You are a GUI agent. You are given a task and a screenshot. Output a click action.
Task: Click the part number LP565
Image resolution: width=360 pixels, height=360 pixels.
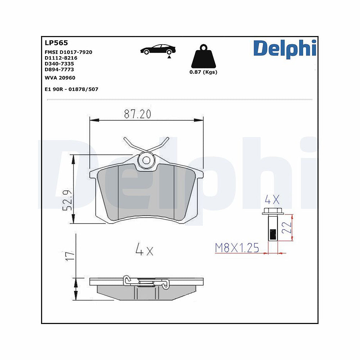pyautogui.click(x=56, y=43)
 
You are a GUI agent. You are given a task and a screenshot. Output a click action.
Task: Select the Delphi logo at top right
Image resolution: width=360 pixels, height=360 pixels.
pyautogui.click(x=284, y=48)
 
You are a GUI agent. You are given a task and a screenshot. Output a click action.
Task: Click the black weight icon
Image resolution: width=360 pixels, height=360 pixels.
pyautogui.click(x=203, y=57)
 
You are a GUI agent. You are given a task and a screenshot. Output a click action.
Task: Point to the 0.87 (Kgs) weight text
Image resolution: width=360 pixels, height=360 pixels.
pyautogui.click(x=203, y=72)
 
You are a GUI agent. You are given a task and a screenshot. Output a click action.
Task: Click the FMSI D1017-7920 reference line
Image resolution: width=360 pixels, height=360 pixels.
pyautogui.click(x=68, y=52)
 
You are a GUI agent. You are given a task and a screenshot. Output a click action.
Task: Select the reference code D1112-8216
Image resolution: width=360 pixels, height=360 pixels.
pyautogui.click(x=61, y=58)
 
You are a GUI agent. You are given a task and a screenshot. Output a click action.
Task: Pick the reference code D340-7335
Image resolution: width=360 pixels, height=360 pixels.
pyautogui.click(x=59, y=64)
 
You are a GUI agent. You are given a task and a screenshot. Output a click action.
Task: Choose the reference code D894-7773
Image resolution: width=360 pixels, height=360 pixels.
pyautogui.click(x=59, y=69)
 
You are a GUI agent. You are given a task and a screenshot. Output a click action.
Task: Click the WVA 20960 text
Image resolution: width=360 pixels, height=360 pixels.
pyautogui.click(x=60, y=78)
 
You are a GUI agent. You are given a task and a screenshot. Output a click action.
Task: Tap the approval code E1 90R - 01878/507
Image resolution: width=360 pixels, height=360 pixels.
pyautogui.click(x=71, y=89)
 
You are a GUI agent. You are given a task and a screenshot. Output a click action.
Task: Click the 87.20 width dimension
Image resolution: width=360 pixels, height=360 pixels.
pyautogui.click(x=138, y=114)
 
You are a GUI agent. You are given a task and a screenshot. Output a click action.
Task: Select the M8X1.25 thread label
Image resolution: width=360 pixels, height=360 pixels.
pyautogui.click(x=237, y=248)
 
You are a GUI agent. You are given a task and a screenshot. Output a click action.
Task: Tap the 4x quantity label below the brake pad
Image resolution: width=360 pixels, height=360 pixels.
pyautogui.click(x=144, y=249)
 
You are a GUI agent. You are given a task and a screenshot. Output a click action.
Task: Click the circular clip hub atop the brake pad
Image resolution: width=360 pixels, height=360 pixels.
pyautogui.click(x=146, y=161)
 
